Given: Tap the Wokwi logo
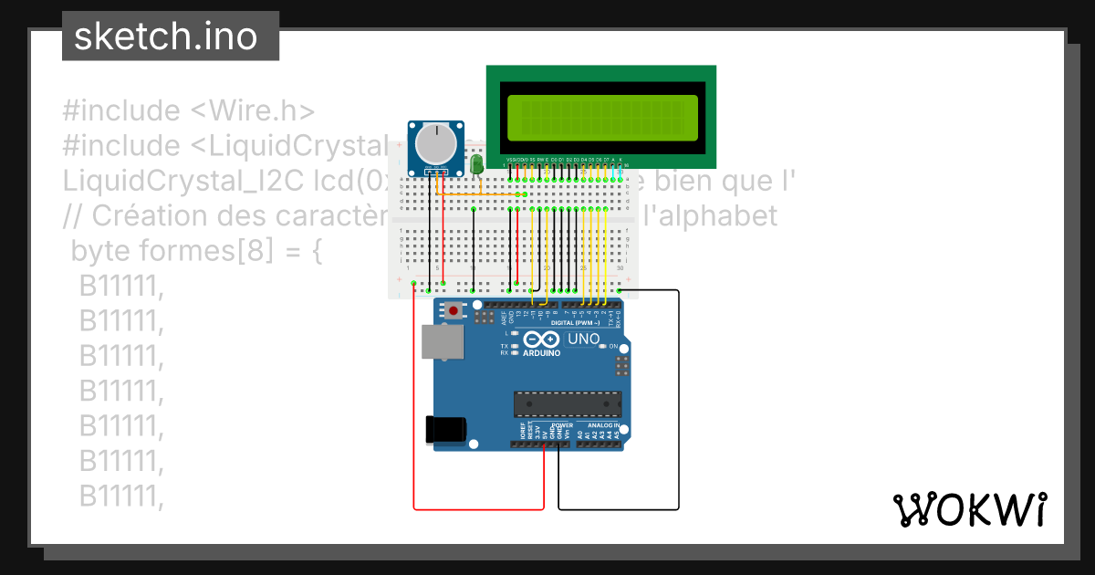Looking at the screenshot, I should (x=969, y=509).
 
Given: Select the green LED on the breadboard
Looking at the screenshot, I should (x=476, y=164).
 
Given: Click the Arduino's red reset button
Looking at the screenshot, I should (x=454, y=311).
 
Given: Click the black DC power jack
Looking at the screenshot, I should (x=447, y=431).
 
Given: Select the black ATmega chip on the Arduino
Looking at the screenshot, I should (x=567, y=403).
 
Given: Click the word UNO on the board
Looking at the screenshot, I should (x=584, y=340).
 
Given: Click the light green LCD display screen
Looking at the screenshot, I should (x=601, y=115).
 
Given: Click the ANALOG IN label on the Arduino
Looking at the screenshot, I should (x=603, y=425).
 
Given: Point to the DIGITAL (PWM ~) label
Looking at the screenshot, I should (x=575, y=323).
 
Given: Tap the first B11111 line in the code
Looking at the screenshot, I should (x=120, y=287).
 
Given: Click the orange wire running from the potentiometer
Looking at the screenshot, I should (x=474, y=193).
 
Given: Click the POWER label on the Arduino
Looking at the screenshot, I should (x=563, y=425).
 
